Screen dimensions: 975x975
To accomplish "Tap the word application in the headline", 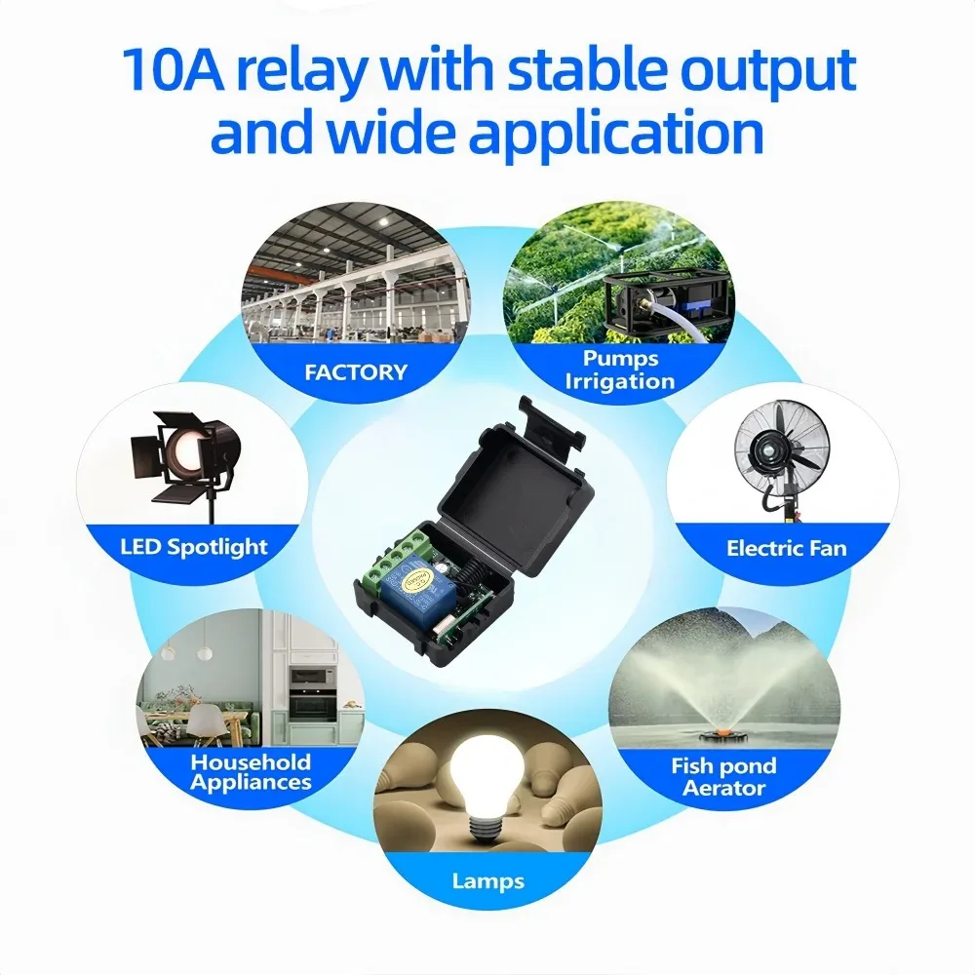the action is (x=617, y=133).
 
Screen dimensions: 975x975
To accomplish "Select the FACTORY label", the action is (x=356, y=371).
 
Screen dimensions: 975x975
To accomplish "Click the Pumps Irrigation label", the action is (x=620, y=370).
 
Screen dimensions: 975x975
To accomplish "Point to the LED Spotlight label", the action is (x=193, y=547).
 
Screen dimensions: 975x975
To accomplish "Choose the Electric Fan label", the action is (x=787, y=548).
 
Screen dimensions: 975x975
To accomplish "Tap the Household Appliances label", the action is (x=251, y=772).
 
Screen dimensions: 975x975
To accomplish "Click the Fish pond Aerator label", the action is (x=723, y=777).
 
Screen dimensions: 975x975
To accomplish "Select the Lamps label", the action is (x=488, y=881).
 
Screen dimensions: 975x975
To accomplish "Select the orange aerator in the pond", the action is (x=722, y=732).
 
